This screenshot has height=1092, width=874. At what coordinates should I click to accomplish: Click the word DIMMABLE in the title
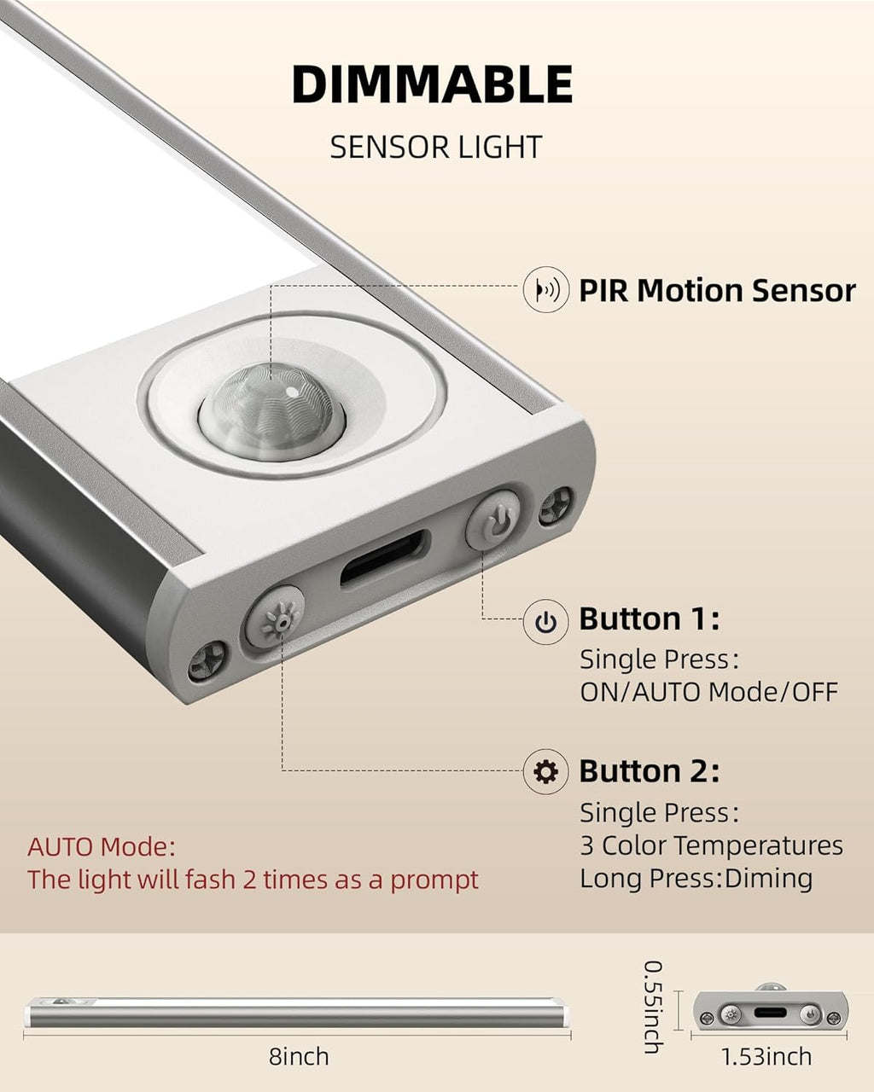click(433, 84)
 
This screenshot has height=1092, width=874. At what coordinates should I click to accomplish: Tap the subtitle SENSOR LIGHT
click(436, 147)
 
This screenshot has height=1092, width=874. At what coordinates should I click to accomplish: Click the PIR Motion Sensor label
click(718, 291)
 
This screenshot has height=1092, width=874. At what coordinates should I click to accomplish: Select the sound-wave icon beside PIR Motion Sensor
click(546, 289)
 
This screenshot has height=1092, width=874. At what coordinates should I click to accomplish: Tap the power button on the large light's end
click(492, 519)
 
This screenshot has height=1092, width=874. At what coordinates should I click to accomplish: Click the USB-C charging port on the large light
click(386, 558)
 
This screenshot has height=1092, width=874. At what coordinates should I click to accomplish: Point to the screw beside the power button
click(556, 505)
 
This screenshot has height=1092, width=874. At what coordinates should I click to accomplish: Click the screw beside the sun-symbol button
click(207, 660)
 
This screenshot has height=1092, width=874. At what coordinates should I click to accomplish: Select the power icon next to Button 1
click(546, 621)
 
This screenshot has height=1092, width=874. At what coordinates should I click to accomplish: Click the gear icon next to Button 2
click(546, 771)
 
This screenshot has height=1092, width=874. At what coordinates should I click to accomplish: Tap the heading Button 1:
click(650, 619)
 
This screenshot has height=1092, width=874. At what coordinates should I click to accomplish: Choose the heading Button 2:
click(650, 770)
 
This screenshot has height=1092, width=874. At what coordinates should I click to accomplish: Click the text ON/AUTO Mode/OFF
click(709, 692)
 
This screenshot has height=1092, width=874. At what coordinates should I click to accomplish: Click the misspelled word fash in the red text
click(209, 880)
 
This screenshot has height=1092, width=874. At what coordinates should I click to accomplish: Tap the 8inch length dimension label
click(299, 1056)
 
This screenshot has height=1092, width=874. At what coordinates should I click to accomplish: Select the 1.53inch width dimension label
click(766, 1056)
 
